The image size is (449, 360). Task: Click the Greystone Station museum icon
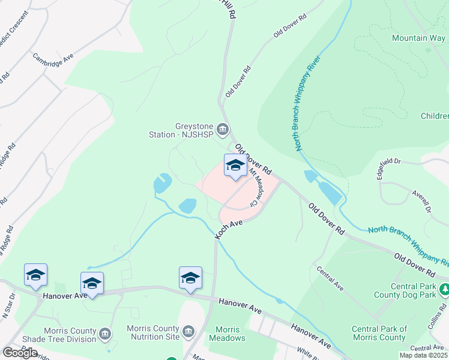[x=223, y=128]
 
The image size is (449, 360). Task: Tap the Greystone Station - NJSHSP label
[x=182, y=130]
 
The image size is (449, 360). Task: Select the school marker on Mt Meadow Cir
[x=235, y=166]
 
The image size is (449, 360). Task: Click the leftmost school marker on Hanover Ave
[x=35, y=275]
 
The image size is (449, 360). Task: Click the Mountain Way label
[x=418, y=38]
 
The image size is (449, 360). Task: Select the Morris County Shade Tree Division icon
[x=106, y=333]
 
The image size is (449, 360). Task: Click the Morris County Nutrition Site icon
[x=188, y=332]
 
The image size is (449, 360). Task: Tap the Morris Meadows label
[x=227, y=334]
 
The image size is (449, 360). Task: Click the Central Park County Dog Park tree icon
[x=444, y=290]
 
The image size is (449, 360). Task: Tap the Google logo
[x=20, y=353]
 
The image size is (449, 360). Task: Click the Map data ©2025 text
[x=424, y=355]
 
